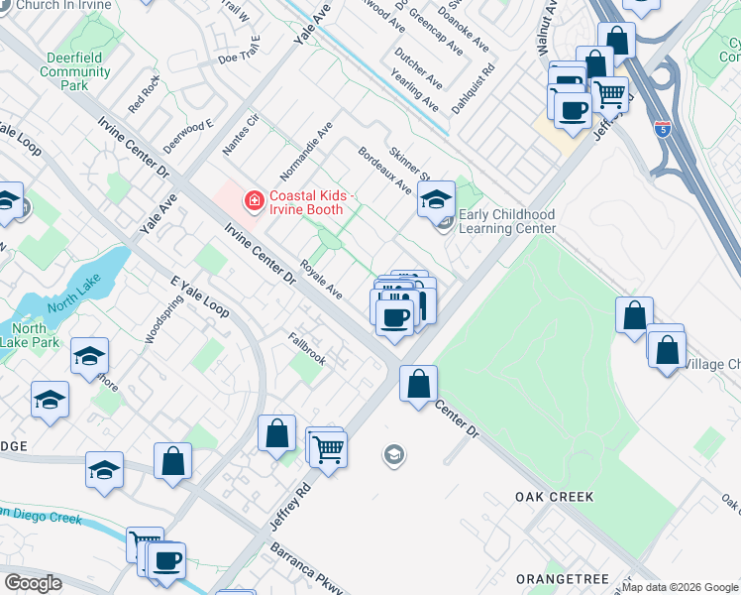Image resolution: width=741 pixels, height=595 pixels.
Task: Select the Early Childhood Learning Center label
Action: (507, 221)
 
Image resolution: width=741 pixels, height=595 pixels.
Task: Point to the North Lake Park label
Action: (29, 335)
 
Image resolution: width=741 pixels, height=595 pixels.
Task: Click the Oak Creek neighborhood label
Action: (554, 496)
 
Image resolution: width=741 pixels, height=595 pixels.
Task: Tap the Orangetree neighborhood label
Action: (554, 577)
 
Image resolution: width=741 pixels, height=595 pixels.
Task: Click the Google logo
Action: (33, 583)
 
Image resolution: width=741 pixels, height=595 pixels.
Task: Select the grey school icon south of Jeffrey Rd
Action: (393, 455)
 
